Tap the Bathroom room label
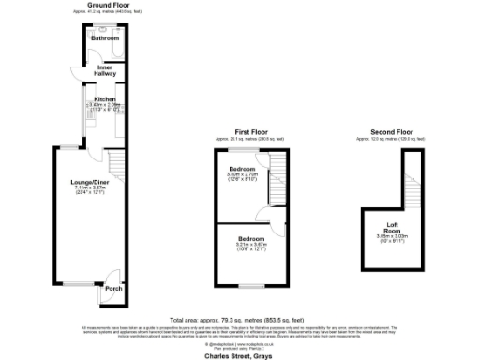click(104, 38)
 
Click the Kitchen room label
click(104, 98)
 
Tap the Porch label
click(113, 288)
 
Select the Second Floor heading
click(391, 131)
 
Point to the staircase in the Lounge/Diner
click(115, 167)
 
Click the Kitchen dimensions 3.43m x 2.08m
click(104, 107)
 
